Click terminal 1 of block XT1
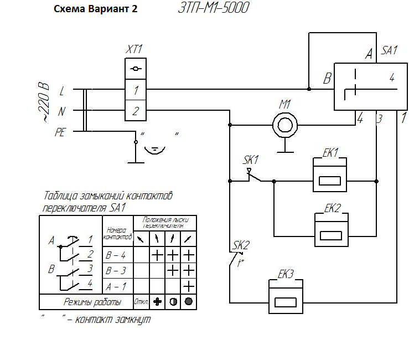pos(136,89)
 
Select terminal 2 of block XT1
pos(136,111)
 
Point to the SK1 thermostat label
pos(251,160)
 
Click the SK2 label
pos(241,245)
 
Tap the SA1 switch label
pos(390,50)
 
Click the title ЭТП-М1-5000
pos(213,8)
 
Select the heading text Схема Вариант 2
pos(95,10)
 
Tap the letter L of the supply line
pos(61,90)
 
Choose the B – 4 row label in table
pos(116,255)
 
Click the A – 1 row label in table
pos(116,286)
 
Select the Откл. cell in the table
pos(141,302)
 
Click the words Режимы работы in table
pos(93,302)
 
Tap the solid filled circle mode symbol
pos(188,302)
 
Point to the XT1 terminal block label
pos(134,50)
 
